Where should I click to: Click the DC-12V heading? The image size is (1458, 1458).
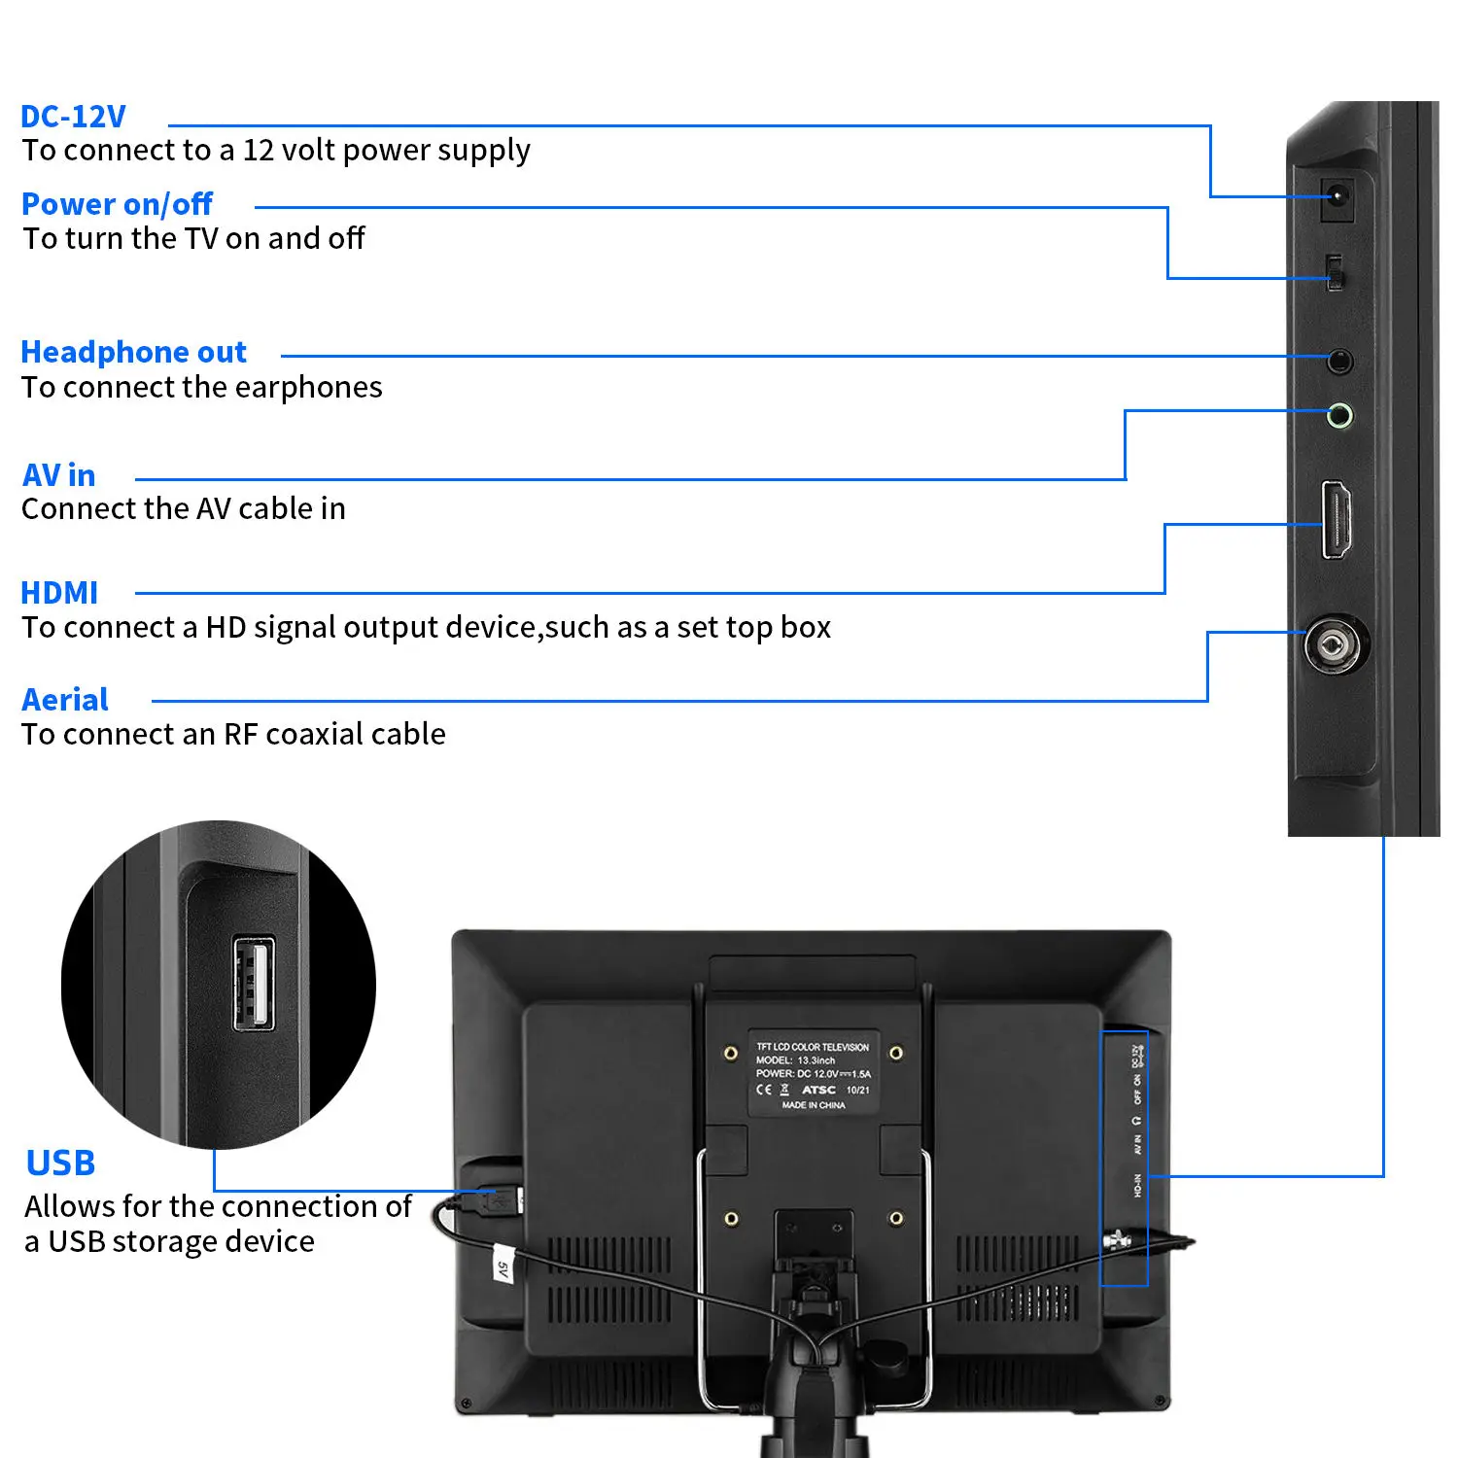click(x=73, y=117)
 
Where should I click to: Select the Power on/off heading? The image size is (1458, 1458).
click(x=117, y=204)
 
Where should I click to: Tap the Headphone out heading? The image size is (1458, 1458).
click(x=133, y=352)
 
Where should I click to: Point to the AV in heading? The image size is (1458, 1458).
click(x=58, y=475)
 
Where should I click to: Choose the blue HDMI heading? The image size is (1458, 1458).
click(x=59, y=593)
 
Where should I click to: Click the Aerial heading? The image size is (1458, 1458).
click(x=65, y=700)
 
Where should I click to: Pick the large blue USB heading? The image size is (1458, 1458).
click(x=60, y=1163)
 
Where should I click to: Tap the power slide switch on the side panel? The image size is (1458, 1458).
click(x=1335, y=273)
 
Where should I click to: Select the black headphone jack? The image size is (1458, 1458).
click(x=1339, y=362)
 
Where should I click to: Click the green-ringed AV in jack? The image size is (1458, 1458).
click(x=1339, y=416)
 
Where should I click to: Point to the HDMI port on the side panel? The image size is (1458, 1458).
click(x=1336, y=520)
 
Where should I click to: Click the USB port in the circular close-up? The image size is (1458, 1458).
click(x=254, y=983)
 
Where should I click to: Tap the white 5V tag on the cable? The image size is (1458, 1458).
click(x=503, y=1265)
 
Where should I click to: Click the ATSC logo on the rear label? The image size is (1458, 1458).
click(x=818, y=1090)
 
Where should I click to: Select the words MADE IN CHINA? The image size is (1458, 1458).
click(x=814, y=1105)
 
